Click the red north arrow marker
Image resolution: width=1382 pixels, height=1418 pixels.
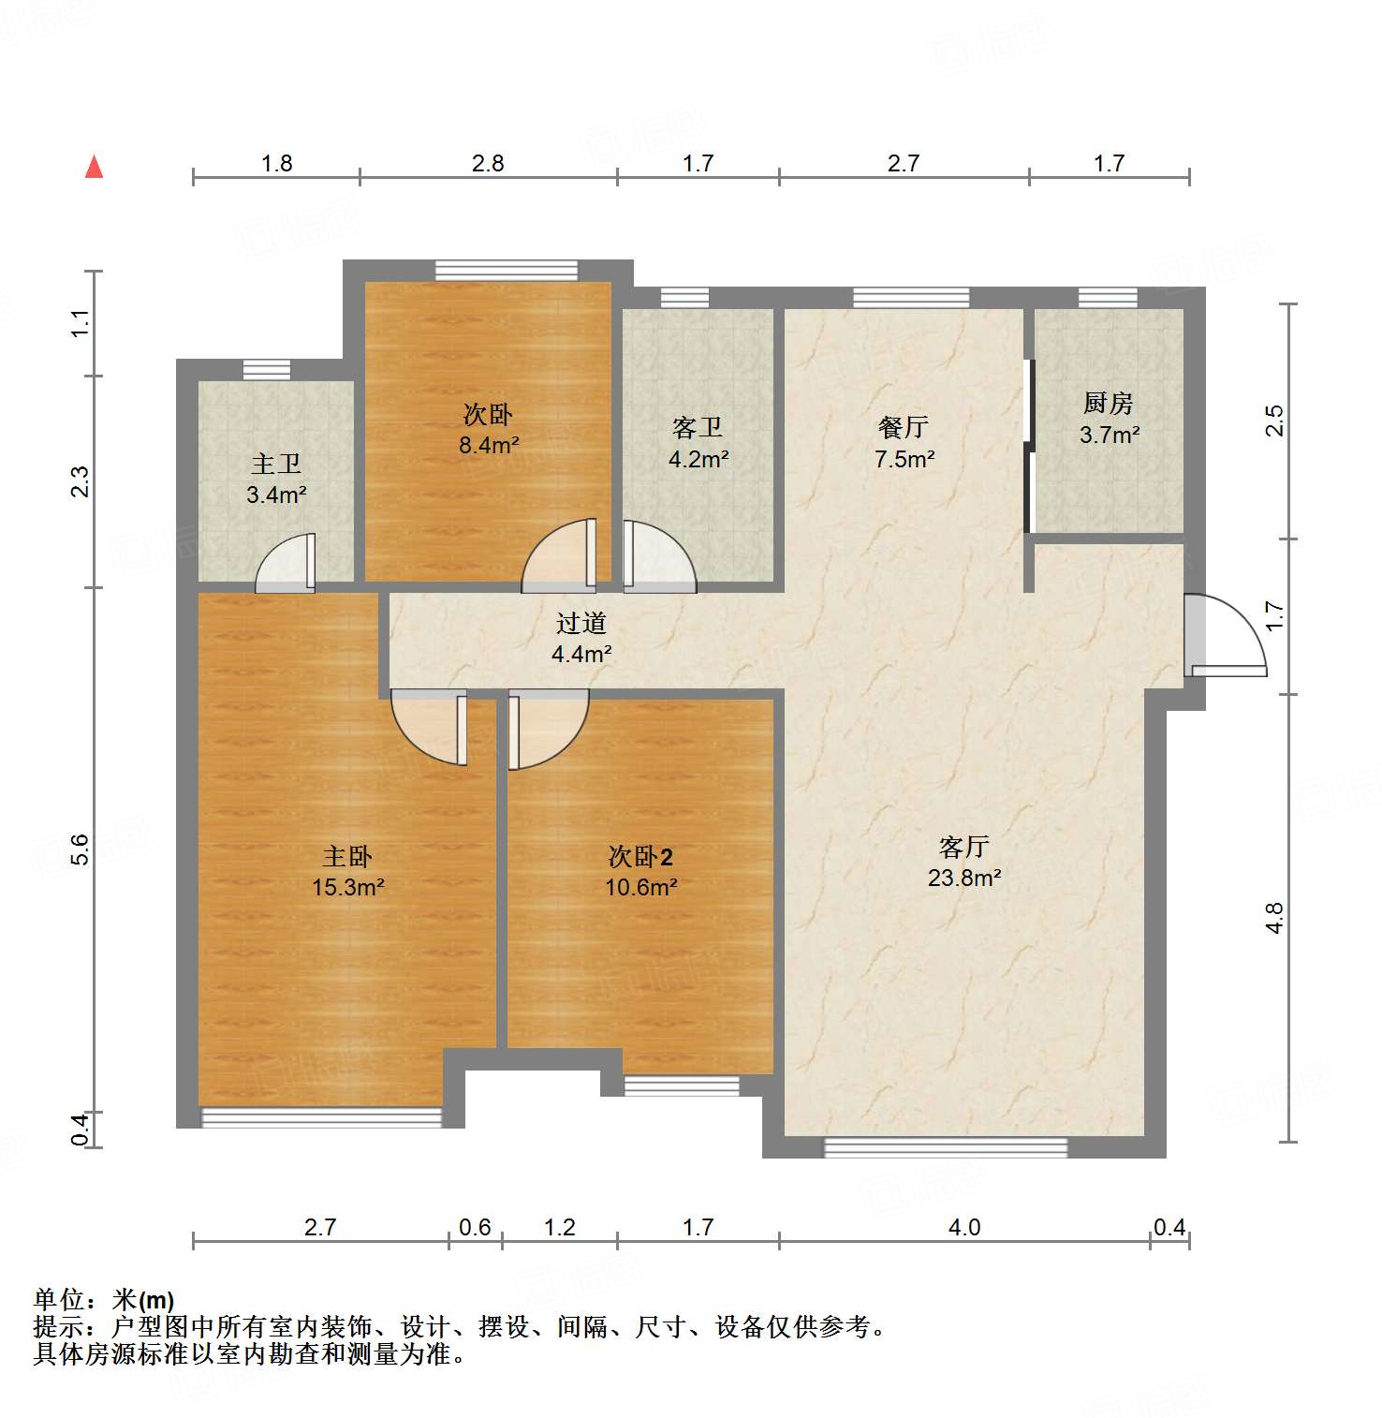point(94,167)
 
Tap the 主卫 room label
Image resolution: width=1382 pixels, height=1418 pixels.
point(276,464)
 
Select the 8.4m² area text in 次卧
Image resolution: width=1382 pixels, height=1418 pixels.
point(488,445)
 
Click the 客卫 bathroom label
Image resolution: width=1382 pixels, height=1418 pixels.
point(698,428)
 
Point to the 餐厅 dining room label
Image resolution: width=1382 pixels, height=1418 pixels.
point(904,427)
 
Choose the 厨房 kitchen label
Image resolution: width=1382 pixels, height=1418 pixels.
point(1109,403)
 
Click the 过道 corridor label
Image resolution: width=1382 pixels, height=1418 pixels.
point(581,623)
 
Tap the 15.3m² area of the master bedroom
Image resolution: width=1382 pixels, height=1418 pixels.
point(347,887)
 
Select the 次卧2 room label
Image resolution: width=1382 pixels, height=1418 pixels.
point(640,856)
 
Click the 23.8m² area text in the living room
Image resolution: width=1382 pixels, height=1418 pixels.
point(964,878)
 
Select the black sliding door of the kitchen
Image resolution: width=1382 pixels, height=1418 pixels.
point(1029,446)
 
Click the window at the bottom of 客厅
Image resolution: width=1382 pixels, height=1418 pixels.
point(946,1147)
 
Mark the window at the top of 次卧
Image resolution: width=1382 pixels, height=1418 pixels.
point(507,270)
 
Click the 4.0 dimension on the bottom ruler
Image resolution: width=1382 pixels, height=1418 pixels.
point(964,1227)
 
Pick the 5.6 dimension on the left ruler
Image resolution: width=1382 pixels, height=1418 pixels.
point(81,849)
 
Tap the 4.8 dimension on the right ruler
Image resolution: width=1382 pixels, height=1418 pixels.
point(1274,918)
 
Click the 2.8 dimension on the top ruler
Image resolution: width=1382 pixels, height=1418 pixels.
point(488,163)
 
